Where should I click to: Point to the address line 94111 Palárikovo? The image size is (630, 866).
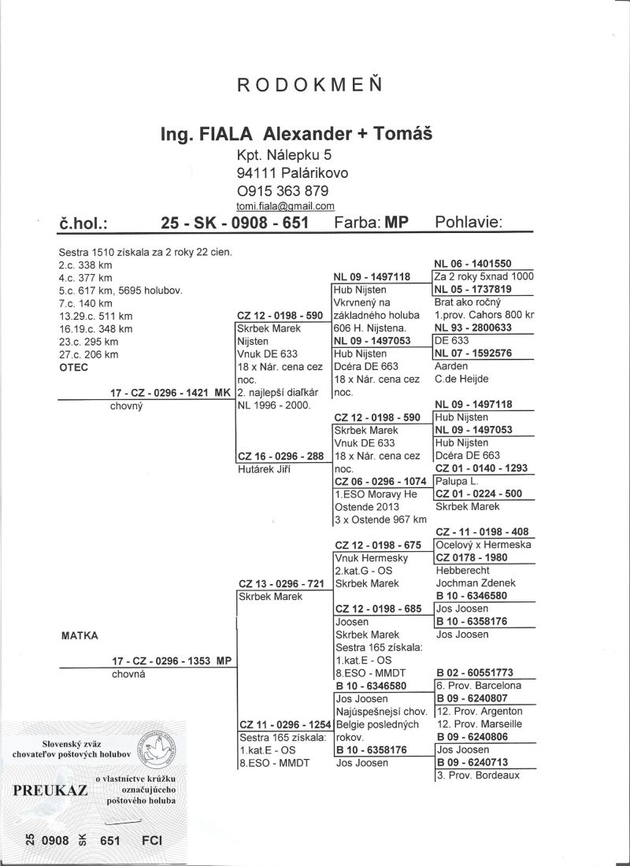point(292,172)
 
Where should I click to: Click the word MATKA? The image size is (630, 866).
point(77,634)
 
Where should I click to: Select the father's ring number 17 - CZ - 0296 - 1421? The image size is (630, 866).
point(161,392)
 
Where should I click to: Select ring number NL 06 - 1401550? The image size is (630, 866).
point(472,263)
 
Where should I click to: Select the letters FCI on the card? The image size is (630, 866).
point(150,841)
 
